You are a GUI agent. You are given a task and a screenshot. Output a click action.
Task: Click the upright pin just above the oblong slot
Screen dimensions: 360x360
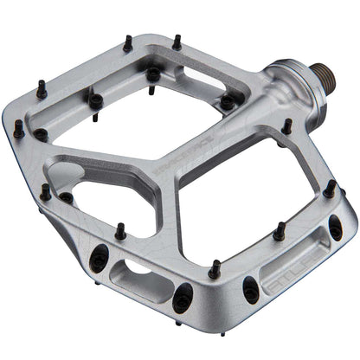coord(120,232)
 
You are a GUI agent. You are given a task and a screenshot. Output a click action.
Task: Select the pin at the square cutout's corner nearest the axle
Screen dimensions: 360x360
coord(226,100)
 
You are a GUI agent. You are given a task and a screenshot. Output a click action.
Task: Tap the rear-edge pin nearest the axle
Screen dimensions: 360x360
coord(177,41)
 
